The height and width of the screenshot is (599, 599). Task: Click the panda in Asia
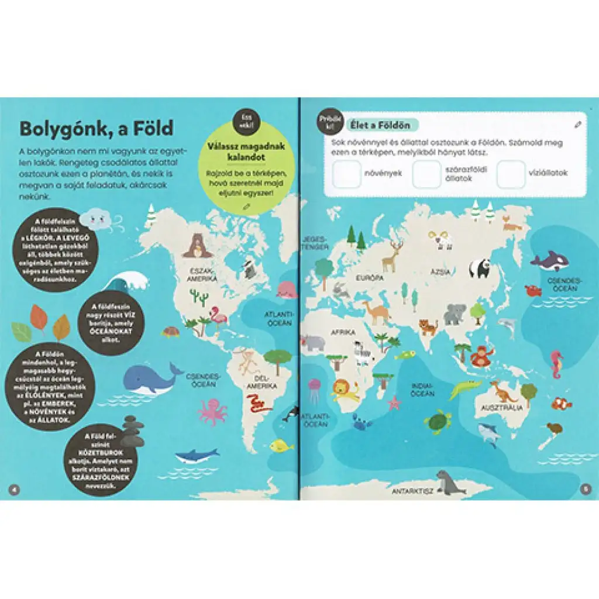480,268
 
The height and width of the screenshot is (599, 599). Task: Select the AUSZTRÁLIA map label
501,407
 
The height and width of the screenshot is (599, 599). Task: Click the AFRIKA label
343,332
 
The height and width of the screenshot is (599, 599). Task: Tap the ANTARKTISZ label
412,491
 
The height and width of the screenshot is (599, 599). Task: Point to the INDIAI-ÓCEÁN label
421,390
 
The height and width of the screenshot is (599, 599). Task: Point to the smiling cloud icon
95,220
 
